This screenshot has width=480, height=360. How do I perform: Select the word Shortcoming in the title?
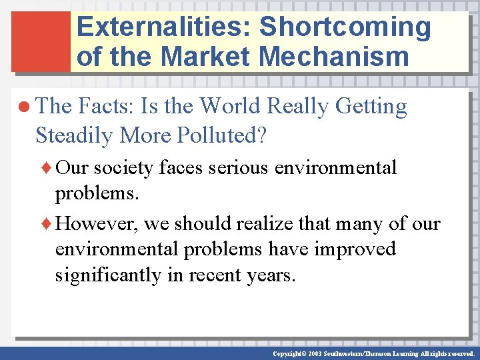click(345, 27)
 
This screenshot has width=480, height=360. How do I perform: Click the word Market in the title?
click(206, 56)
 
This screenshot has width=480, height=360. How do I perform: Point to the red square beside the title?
click(41, 41)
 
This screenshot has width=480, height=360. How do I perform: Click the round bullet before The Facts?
click(25, 107)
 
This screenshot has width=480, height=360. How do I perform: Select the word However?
click(98, 223)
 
